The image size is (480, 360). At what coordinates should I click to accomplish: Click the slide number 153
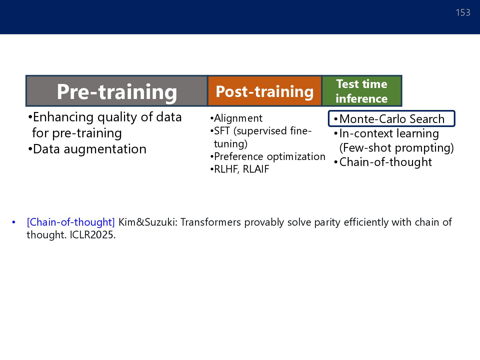[x=463, y=12]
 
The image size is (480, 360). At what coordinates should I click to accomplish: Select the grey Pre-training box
[x=117, y=91]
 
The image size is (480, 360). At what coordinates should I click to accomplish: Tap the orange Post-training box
[x=265, y=91]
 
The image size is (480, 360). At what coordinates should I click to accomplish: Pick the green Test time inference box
[x=362, y=91]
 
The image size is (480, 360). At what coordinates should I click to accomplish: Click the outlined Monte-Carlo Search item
[x=391, y=119]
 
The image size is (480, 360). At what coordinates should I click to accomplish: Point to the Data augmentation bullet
[x=87, y=149]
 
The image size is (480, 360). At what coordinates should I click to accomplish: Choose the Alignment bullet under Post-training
[x=236, y=118]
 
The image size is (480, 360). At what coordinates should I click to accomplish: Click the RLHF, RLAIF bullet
[x=240, y=169]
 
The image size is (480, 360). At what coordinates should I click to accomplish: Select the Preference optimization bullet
[x=268, y=157]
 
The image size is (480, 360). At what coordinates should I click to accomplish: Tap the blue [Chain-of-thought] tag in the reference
[x=71, y=222]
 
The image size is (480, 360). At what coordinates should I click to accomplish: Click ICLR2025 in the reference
[x=93, y=235]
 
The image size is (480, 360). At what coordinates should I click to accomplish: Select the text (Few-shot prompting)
[x=396, y=148]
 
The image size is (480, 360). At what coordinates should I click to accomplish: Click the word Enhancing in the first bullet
[x=63, y=117]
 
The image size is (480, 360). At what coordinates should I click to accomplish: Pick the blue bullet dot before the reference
[x=14, y=223]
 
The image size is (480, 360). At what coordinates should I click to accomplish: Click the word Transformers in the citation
[x=210, y=222]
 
